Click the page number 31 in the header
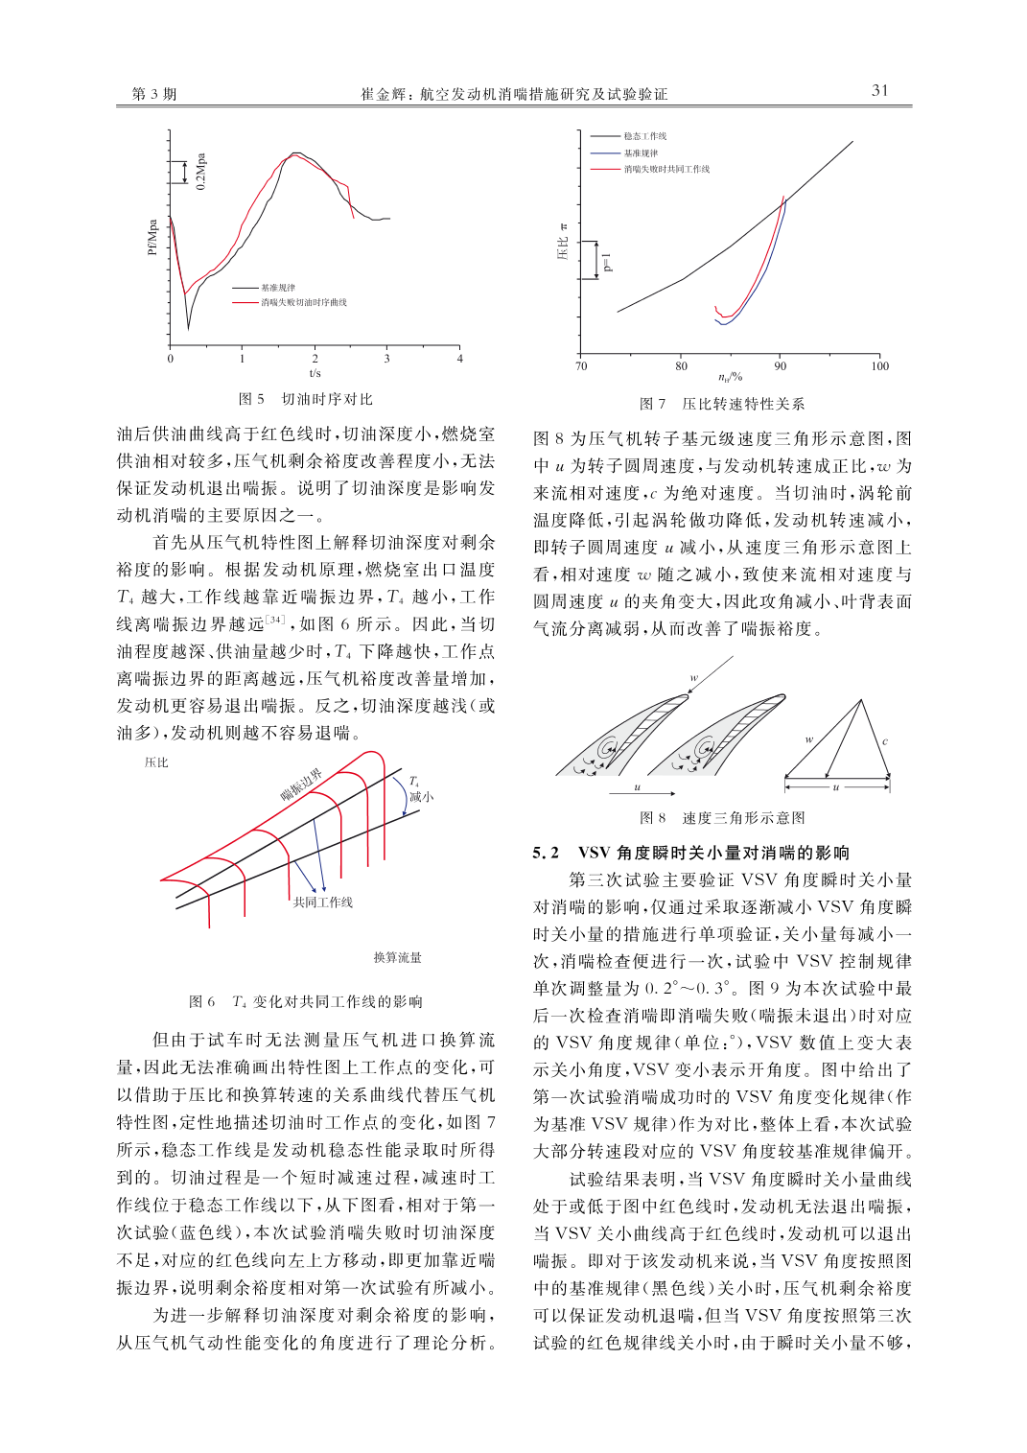pos(879,90)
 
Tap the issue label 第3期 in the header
pos(154,94)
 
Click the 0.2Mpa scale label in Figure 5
pos(201,172)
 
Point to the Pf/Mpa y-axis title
pos(152,238)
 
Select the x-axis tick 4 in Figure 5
pos(459,359)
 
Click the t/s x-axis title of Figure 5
pos(315,373)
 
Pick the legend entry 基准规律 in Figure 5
pos(278,288)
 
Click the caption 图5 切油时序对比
pos(306,399)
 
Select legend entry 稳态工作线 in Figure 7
pos(644,136)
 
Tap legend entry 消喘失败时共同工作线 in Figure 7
pos(666,169)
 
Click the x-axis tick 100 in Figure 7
pos(879,366)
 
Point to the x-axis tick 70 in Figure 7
pos(581,366)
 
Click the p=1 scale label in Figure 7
pos(607,262)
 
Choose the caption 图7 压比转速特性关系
pos(722,404)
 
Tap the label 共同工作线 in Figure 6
pos(323,902)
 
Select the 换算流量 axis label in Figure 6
pos(397,957)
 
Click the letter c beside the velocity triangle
pos(885,741)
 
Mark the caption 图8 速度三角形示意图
pos(722,818)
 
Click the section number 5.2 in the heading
pos(546,853)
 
